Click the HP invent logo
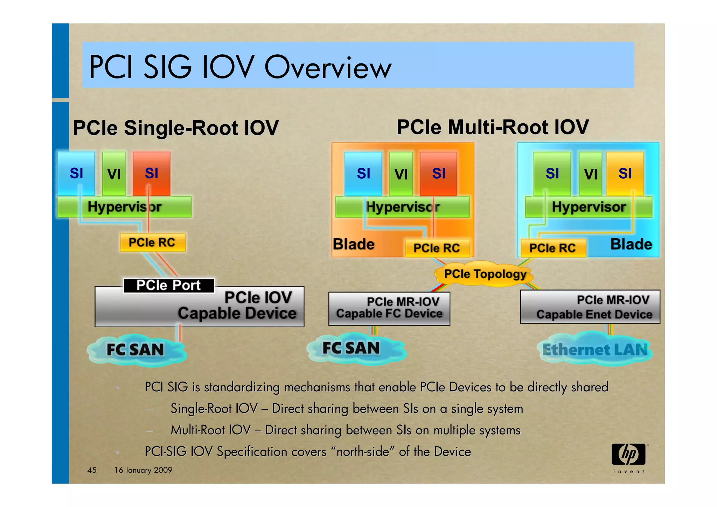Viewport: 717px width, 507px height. [629, 457]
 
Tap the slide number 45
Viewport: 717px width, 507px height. [92, 470]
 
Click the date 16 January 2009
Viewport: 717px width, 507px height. [143, 470]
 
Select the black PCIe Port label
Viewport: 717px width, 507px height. [168, 285]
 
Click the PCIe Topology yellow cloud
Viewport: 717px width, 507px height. [485, 274]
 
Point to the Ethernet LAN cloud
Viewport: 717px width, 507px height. [595, 349]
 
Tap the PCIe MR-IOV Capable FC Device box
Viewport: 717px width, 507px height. [389, 308]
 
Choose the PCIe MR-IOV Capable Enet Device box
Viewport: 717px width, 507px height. [590, 307]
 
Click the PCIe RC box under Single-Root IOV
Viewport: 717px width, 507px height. [152, 242]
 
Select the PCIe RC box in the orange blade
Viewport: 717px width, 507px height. [436, 248]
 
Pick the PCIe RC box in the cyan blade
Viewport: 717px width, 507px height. [552, 248]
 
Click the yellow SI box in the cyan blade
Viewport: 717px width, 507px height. [625, 173]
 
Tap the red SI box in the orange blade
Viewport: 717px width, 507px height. [438, 173]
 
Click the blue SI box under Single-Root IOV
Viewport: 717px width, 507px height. [76, 173]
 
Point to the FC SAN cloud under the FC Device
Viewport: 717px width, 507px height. [351, 348]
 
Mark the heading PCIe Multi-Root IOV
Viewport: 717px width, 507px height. [493, 127]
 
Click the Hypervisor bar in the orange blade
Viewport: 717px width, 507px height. [402, 207]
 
